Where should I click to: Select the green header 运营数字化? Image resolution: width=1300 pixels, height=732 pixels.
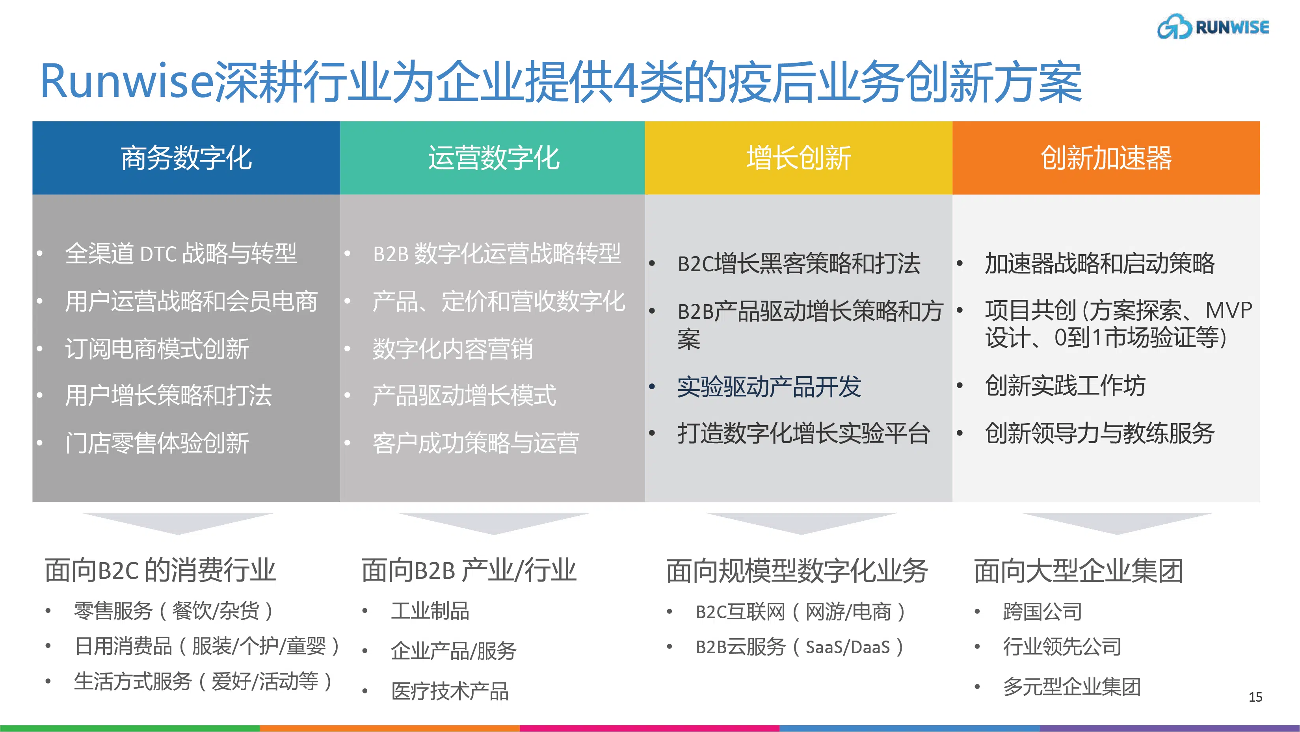(x=493, y=158)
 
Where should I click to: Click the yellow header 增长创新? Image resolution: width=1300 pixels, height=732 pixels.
(x=798, y=158)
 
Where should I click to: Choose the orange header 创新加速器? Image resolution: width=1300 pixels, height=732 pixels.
(x=1106, y=158)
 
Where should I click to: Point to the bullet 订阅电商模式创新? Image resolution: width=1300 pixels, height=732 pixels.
(x=157, y=349)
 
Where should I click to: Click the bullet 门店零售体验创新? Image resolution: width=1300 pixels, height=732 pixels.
(x=157, y=443)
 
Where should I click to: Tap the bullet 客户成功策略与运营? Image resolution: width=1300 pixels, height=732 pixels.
(x=475, y=443)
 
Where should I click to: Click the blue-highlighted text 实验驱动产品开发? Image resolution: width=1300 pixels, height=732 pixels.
(x=768, y=387)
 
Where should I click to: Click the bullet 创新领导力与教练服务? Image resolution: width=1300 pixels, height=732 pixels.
(x=1099, y=433)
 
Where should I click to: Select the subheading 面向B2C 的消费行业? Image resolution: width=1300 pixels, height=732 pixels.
(x=160, y=570)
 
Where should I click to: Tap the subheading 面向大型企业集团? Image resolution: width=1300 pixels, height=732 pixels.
(x=1079, y=570)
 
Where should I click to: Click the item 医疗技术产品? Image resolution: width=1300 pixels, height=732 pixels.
(x=450, y=691)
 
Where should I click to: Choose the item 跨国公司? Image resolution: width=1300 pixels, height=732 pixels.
(x=1042, y=611)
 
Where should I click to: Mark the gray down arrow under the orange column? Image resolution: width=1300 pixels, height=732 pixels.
(x=1117, y=523)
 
